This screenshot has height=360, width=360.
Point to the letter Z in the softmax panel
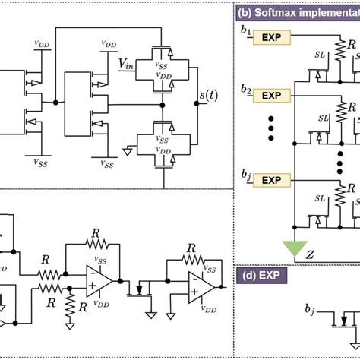coord(310,254)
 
